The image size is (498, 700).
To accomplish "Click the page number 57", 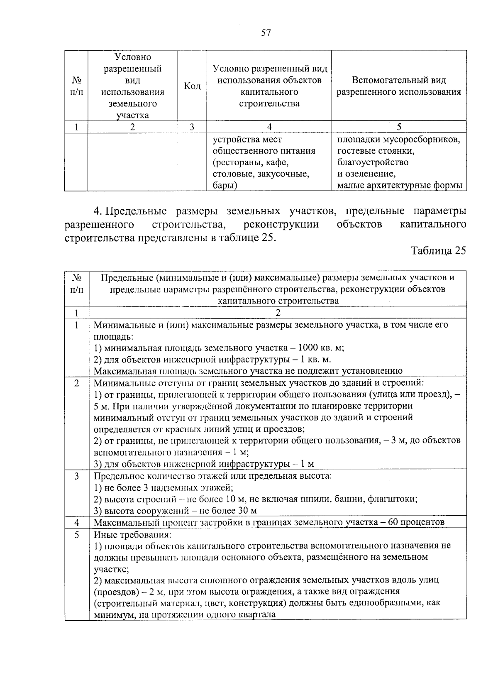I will tap(266, 33).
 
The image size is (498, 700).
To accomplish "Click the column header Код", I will tap(192, 86).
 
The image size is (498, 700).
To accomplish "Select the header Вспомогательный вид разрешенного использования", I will tap(398, 86).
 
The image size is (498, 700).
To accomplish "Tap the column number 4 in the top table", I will tap(269, 127).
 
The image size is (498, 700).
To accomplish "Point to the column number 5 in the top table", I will tap(399, 127).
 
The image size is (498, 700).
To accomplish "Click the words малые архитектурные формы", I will tap(399, 186).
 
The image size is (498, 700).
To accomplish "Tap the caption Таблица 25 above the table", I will tap(438, 250).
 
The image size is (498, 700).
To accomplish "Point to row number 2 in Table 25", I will tap(77, 383).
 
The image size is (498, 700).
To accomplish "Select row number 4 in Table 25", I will tap(77, 523).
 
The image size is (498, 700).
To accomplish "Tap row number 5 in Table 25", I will tap(77, 534).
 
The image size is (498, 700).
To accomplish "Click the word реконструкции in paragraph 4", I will tap(282, 225).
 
